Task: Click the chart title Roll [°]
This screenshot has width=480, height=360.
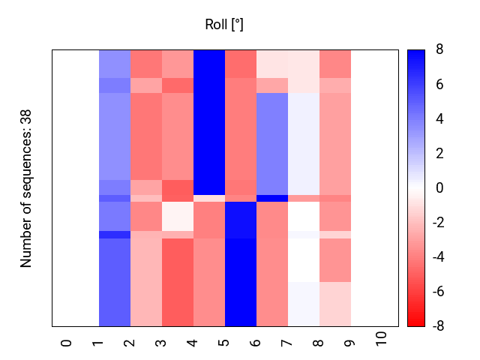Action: [x=224, y=25]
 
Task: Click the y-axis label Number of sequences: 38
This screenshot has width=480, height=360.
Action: [x=26, y=187]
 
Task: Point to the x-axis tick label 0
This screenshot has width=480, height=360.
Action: [x=67, y=342]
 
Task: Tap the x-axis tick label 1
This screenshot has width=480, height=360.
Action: [x=98, y=342]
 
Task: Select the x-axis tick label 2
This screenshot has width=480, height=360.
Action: [x=130, y=342]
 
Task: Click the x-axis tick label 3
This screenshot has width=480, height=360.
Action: [x=161, y=342]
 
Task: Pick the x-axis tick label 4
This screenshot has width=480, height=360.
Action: [x=193, y=342]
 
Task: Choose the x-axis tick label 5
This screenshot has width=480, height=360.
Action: [x=224, y=342]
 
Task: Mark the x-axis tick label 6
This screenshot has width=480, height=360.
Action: [x=256, y=342]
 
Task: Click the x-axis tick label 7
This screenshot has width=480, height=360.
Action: [x=287, y=342]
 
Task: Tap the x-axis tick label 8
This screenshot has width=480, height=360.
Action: [x=319, y=342]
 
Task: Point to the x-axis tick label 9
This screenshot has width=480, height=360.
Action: [x=350, y=342]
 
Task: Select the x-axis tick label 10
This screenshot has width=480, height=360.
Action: [x=382, y=339]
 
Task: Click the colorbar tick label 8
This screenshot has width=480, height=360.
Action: [x=439, y=50]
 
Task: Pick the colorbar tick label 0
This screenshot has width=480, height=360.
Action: [x=439, y=188]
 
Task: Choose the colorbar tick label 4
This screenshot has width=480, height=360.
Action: [x=439, y=119]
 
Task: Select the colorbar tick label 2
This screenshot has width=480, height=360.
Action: [x=439, y=154]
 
